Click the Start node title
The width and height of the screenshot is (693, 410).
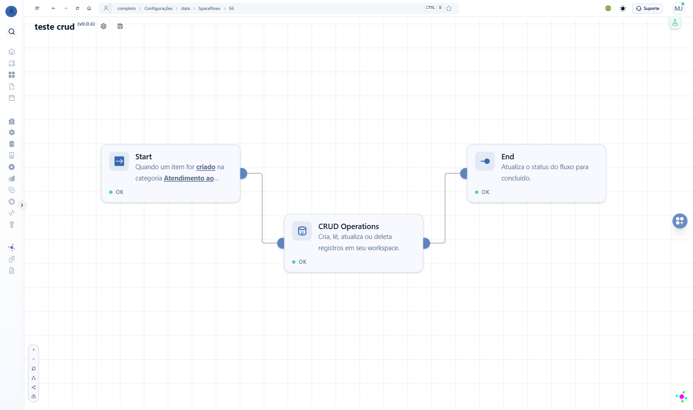click(143, 157)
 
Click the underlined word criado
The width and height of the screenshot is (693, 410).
click(206, 167)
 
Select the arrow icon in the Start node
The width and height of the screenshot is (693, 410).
click(119, 161)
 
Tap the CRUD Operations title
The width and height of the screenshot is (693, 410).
click(349, 226)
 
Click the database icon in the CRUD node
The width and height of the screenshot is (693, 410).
click(302, 231)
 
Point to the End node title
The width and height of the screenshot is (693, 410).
click(508, 157)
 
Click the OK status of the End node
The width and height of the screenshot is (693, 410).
click(483, 192)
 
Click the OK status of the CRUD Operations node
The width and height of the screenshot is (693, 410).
click(300, 261)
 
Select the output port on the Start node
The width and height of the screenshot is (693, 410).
click(244, 173)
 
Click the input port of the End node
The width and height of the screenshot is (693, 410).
click(464, 173)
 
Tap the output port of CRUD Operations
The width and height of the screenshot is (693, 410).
click(427, 243)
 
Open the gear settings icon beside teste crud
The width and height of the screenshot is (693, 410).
click(103, 26)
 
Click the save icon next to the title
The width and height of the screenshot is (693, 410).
click(120, 26)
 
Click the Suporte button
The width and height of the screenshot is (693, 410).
click(648, 9)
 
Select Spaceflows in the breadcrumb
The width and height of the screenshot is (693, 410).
click(210, 9)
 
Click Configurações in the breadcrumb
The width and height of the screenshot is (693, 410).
click(158, 9)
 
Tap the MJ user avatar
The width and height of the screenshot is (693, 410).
click(679, 9)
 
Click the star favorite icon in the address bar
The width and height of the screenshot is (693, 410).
click(449, 9)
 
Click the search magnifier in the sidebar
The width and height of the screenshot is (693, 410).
click(12, 32)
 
